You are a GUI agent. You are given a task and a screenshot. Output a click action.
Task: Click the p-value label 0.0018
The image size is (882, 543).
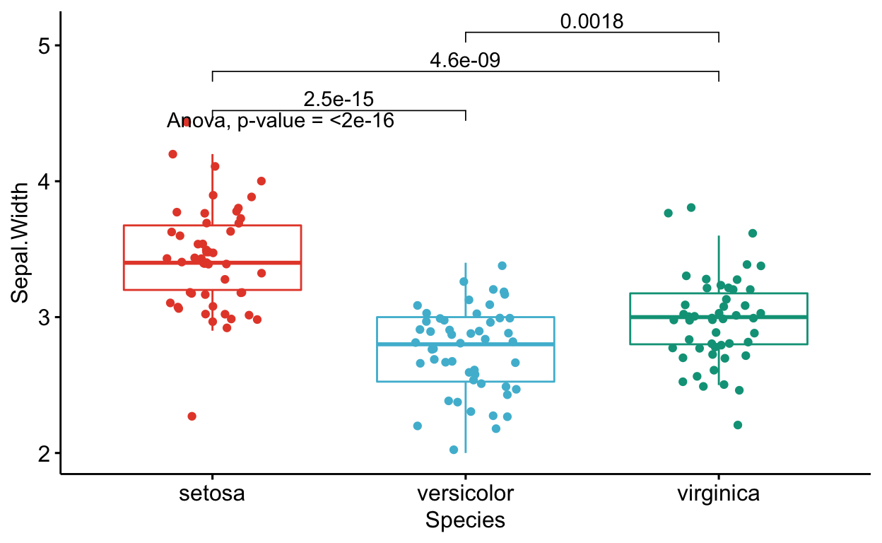(x=592, y=22)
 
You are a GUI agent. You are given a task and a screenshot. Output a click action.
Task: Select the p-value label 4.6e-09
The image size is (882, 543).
(x=465, y=61)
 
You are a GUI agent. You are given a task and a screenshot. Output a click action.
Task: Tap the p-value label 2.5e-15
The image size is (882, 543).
(x=339, y=99)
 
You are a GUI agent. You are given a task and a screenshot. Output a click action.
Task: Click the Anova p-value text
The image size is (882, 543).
(x=281, y=121)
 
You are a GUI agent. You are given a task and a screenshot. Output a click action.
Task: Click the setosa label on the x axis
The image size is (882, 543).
(x=212, y=493)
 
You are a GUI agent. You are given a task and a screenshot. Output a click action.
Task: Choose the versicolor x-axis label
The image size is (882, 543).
(x=465, y=493)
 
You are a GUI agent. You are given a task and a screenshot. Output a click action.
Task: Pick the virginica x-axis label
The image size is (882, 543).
(x=718, y=493)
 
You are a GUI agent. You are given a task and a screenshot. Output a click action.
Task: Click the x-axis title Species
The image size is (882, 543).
(x=465, y=520)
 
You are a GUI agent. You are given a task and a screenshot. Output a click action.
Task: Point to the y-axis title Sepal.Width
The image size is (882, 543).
(x=20, y=243)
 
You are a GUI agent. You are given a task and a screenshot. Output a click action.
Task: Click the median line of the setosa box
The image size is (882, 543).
(x=212, y=262)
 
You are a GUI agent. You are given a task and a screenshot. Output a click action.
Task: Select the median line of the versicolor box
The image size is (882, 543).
(x=465, y=344)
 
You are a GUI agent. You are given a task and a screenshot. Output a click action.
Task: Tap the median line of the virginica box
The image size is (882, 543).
(x=718, y=317)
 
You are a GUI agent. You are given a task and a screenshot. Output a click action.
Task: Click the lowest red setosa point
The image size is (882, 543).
(x=192, y=416)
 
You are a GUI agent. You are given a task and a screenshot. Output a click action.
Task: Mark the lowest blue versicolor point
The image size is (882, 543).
(x=454, y=450)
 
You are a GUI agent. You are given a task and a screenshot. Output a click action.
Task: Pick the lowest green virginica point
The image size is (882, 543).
(x=738, y=425)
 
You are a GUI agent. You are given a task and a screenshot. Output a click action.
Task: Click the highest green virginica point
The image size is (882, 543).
(x=691, y=207)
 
